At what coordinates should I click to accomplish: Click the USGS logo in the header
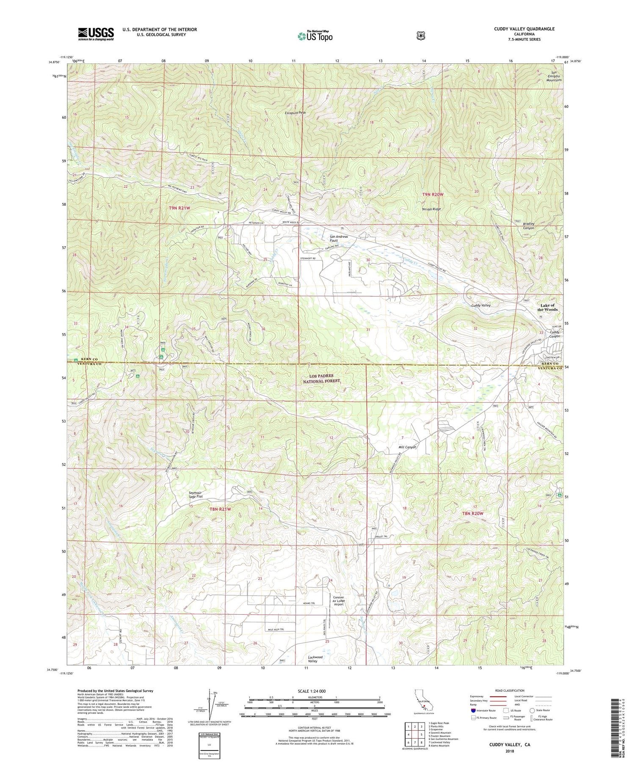click(x=96, y=34)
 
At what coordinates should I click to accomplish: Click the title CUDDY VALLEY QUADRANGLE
click(x=524, y=29)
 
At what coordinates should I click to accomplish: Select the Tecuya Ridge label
click(x=431, y=209)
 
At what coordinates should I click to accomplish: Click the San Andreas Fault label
click(x=339, y=239)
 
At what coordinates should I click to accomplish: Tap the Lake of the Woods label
click(x=547, y=308)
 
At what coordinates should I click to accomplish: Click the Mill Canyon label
click(x=407, y=447)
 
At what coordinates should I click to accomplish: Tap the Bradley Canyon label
click(x=528, y=225)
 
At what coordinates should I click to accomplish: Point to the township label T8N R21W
click(x=221, y=509)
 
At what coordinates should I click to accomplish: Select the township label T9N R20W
click(x=433, y=194)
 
